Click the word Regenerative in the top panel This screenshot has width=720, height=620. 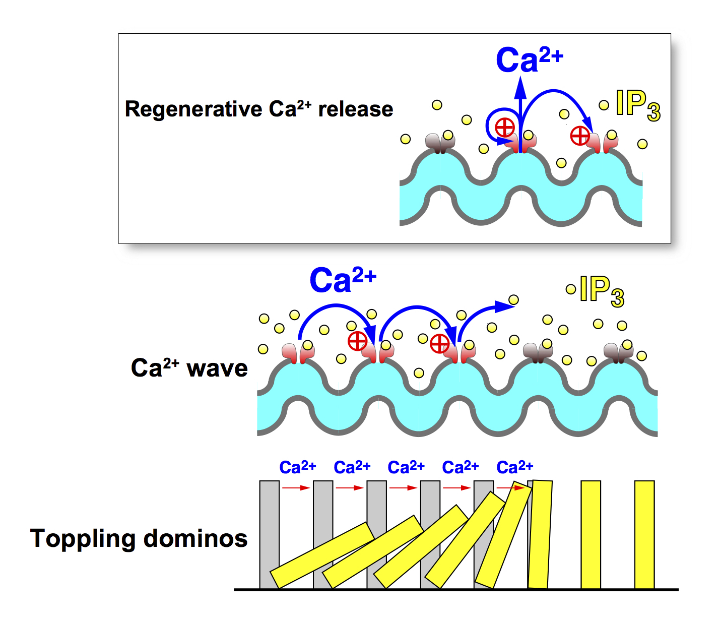pyautogui.click(x=193, y=109)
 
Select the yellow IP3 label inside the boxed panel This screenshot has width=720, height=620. pyautogui.click(x=637, y=105)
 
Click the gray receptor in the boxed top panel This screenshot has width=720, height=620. pyautogui.click(x=440, y=143)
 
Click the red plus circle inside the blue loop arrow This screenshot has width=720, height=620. pyautogui.click(x=504, y=128)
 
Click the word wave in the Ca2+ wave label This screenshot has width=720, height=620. pyautogui.click(x=217, y=368)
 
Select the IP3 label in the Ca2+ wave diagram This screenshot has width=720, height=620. pyautogui.click(x=602, y=291)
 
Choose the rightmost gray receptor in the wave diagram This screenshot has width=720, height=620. pyautogui.click(x=618, y=352)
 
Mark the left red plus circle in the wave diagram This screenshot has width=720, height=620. pyautogui.click(x=358, y=341)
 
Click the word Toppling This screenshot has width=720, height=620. pyautogui.click(x=83, y=539)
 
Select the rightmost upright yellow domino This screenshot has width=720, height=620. pyautogui.click(x=644, y=534)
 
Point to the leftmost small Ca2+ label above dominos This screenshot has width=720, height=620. pyautogui.click(x=297, y=467)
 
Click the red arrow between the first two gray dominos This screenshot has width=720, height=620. pyautogui.click(x=296, y=488)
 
